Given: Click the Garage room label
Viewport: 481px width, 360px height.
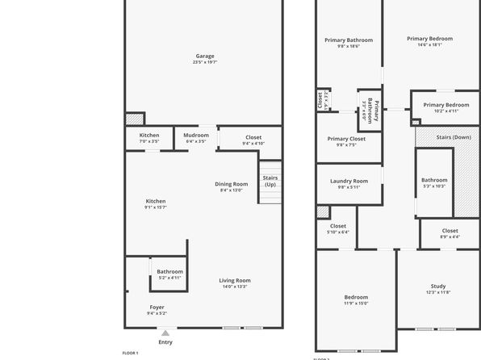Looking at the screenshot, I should pos(204,56).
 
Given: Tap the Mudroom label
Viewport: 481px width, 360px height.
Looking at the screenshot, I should pos(196,135).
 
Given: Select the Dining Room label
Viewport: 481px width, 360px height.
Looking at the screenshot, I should pos(232,184).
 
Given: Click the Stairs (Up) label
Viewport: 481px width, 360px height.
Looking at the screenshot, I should pos(270,181).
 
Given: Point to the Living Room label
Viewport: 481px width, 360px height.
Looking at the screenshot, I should pos(235,281).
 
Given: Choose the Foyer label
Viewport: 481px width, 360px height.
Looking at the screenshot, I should pos(157,307).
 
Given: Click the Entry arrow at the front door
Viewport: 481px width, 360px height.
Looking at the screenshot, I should pos(165,333).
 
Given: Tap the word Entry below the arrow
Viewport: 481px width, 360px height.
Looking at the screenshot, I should pos(165,342).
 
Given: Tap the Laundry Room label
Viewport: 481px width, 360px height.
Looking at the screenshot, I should pos(349,181).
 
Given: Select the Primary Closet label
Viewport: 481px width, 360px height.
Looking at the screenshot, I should pos(346,139).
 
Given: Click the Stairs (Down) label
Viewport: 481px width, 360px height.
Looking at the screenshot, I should pos(454,137).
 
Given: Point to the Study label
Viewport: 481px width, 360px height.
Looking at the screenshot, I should pos(438,286).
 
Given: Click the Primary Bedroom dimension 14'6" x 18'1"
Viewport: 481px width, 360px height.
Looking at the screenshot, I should pos(429,45).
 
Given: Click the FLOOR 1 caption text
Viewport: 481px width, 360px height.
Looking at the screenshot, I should pos(130,354).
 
